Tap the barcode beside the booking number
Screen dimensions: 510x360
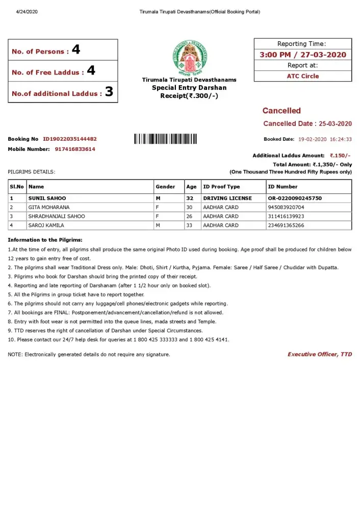coord(165,139)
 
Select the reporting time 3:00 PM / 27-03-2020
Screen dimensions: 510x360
coord(303,55)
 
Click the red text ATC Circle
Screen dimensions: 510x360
coord(303,76)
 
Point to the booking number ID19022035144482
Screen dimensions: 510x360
coord(70,139)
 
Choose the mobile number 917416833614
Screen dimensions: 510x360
coord(75,149)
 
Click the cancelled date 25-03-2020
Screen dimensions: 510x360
coord(335,123)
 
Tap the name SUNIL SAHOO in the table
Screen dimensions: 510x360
coord(47,198)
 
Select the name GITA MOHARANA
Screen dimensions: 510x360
coord(49,207)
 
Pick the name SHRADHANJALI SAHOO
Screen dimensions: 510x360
coord(57,216)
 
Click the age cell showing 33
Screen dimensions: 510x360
coord(190,225)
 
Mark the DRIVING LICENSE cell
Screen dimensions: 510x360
coord(227,198)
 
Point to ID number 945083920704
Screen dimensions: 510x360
coord(286,207)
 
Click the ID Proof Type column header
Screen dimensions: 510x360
coord(221,187)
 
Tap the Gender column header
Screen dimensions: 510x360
coord(165,187)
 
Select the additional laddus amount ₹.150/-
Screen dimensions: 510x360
coord(340,156)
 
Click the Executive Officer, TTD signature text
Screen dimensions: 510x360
coord(320,354)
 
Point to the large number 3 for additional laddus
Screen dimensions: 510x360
coord(109,93)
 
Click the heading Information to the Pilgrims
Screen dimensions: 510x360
coord(45,240)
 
